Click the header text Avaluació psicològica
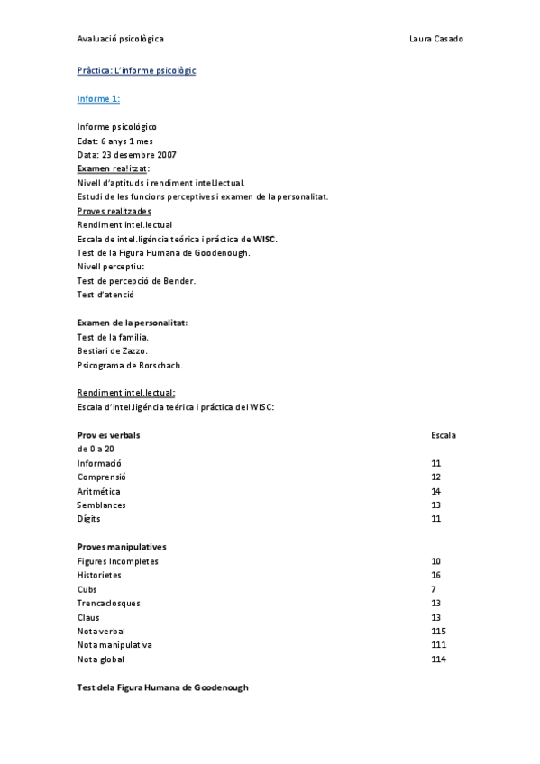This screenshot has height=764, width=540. coord(121,39)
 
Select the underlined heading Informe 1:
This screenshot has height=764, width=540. coord(98,98)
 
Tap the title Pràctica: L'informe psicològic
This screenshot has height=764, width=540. coord(136,70)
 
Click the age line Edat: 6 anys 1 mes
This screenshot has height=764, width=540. coord(116,141)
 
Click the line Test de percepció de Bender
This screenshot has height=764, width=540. coord(136,280)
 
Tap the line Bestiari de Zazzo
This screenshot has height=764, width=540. coord(113,350)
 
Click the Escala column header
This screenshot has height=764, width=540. coord(444,435)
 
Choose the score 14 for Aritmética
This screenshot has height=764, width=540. coord(436,491)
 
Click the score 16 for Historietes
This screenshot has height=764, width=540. coord(436,575)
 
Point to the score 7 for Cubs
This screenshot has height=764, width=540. coord(434,589)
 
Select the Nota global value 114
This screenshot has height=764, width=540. coord(439,659)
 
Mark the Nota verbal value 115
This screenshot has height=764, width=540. coord(439,632)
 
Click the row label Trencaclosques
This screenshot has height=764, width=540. coord(109,603)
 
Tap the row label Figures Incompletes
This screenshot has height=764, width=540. coord(117,561)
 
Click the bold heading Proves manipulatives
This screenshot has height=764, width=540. coord(122,547)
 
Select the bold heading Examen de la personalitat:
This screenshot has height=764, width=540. coord(133,323)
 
